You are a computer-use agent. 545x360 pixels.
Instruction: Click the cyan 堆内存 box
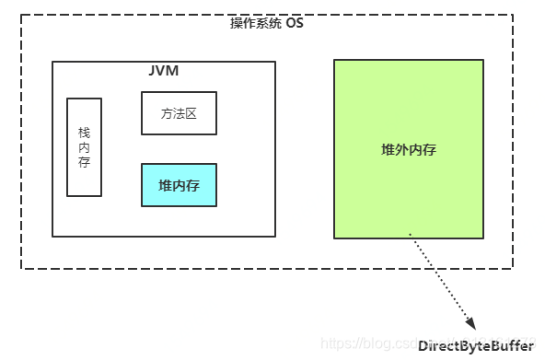pyautogui.click(x=179, y=185)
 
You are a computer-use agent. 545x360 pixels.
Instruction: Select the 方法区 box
pyautogui.click(x=179, y=113)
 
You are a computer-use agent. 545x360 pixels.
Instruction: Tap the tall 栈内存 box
pyautogui.click(x=85, y=147)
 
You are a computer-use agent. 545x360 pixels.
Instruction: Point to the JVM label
pyautogui.click(x=163, y=71)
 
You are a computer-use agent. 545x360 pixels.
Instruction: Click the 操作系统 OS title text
pyautogui.click(x=266, y=23)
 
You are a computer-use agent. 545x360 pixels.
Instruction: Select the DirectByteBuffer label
pyautogui.click(x=475, y=346)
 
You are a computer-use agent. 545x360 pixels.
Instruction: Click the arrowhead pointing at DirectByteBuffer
pyautogui.click(x=470, y=323)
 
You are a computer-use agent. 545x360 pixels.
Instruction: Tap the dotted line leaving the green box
pyautogui.click(x=440, y=282)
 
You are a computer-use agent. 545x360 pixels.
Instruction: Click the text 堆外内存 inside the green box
pyautogui.click(x=408, y=150)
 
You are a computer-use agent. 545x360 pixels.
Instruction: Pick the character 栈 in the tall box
pyautogui.click(x=85, y=132)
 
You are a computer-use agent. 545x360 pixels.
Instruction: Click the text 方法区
pyautogui.click(x=179, y=114)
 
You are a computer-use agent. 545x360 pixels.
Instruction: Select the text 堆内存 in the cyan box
pyautogui.click(x=179, y=186)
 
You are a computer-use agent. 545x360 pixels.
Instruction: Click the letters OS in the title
pyautogui.click(x=294, y=23)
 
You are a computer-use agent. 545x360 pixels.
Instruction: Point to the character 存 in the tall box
pyautogui.click(x=85, y=163)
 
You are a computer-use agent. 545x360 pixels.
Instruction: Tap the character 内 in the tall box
pyautogui.click(x=85, y=147)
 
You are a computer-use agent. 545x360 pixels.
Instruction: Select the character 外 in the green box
pyautogui.click(x=401, y=150)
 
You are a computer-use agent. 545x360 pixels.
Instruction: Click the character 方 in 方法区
pyautogui.click(x=167, y=114)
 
